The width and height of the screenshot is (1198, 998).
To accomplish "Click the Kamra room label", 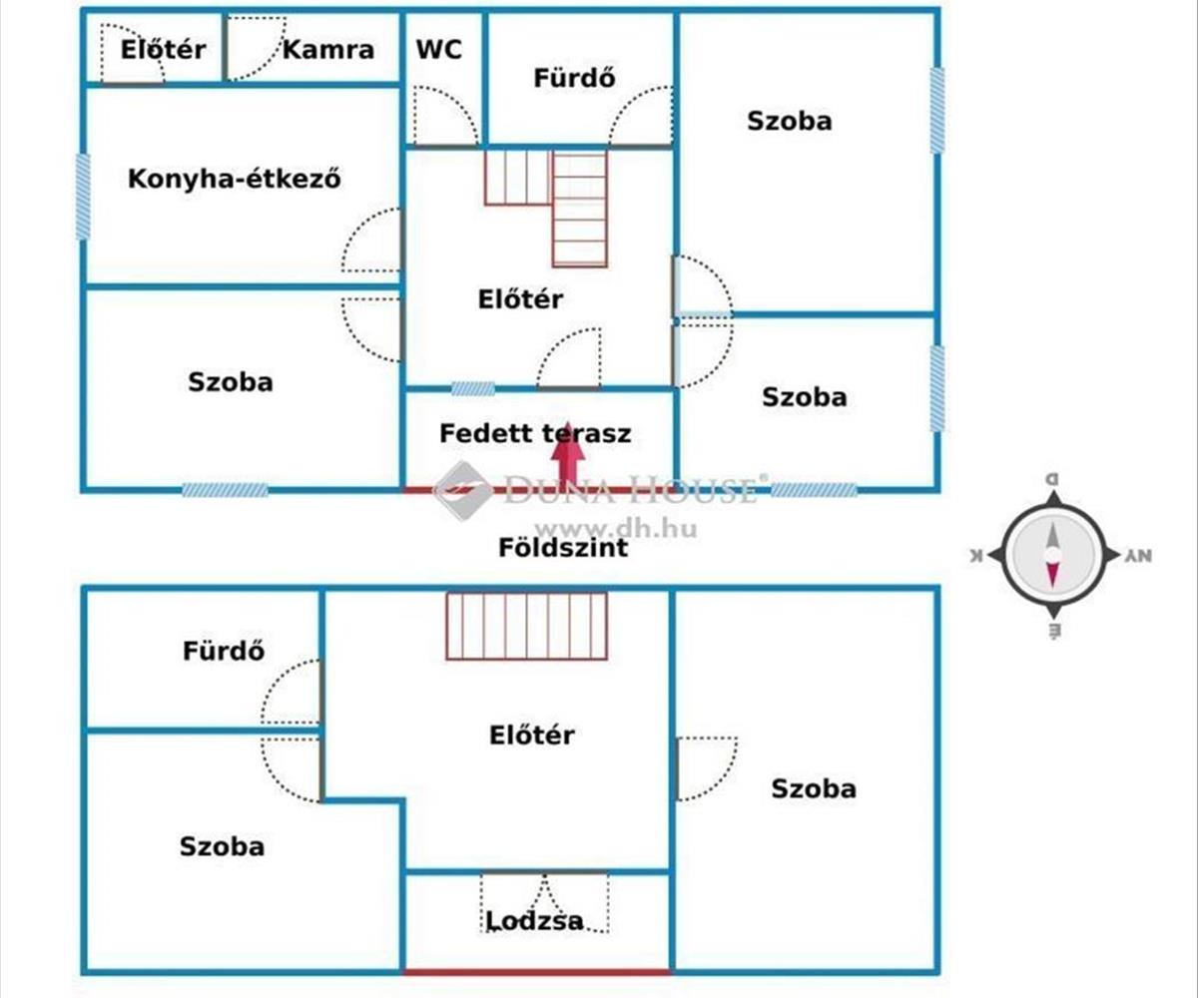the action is pyautogui.click(x=328, y=50).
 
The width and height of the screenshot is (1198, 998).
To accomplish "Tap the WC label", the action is pyautogui.click(x=439, y=49).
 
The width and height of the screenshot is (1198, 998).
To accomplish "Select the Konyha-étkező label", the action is pyautogui.click(x=234, y=178).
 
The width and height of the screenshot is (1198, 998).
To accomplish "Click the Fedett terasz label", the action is pyautogui.click(x=535, y=433).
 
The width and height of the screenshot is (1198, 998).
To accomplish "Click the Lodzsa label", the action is pyautogui.click(x=535, y=920).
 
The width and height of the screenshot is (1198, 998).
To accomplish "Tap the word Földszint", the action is pyautogui.click(x=563, y=548).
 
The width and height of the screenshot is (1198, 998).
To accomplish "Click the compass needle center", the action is pyautogui.click(x=1052, y=555).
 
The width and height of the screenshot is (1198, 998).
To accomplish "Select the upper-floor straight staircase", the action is pyautogui.click(x=526, y=626).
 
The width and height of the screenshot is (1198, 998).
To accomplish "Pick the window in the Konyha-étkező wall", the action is pyautogui.click(x=83, y=197).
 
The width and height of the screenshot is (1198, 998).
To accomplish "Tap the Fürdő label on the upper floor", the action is pyautogui.click(x=224, y=651).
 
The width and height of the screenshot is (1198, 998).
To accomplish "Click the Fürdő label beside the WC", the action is pyautogui.click(x=574, y=78).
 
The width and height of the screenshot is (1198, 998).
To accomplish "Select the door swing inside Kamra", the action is pyautogui.click(x=256, y=48).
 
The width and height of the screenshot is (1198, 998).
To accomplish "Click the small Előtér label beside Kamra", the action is pyautogui.click(x=163, y=50).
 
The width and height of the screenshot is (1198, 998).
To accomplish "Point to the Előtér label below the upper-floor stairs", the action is pyautogui.click(x=532, y=735).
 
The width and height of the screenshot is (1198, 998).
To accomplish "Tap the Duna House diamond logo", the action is pyautogui.click(x=463, y=490).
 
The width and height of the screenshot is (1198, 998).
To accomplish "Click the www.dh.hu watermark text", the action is pyautogui.click(x=616, y=528).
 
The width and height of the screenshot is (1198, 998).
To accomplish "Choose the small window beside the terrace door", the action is pyautogui.click(x=473, y=389).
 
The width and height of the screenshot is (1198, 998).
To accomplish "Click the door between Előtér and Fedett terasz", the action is pyautogui.click(x=569, y=358).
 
